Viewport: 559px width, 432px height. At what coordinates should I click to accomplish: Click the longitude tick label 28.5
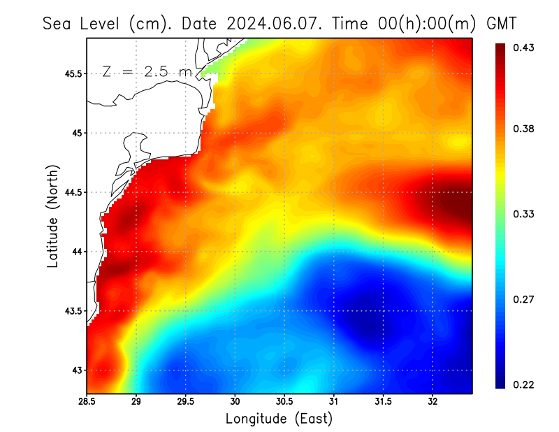coord(87,402)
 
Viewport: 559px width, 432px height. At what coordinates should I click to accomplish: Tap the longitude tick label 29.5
coord(186,402)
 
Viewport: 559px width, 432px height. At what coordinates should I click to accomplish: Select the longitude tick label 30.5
coord(284,402)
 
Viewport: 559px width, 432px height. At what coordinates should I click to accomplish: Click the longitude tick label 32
coord(433,402)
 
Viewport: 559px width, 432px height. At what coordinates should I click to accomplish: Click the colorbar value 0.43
coord(523,48)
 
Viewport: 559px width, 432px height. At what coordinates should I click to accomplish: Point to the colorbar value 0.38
coord(523,129)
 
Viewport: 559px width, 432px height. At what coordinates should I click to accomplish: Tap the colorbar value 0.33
coord(523,214)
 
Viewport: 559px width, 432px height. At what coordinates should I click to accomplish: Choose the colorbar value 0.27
coord(523,299)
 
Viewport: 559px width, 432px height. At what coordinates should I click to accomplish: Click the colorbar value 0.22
coord(523,384)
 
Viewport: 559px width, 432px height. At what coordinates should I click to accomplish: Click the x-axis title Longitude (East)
coord(279,419)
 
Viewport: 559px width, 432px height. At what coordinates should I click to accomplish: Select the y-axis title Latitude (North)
coord(52,215)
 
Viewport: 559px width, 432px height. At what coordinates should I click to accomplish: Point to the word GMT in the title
coord(502,23)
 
